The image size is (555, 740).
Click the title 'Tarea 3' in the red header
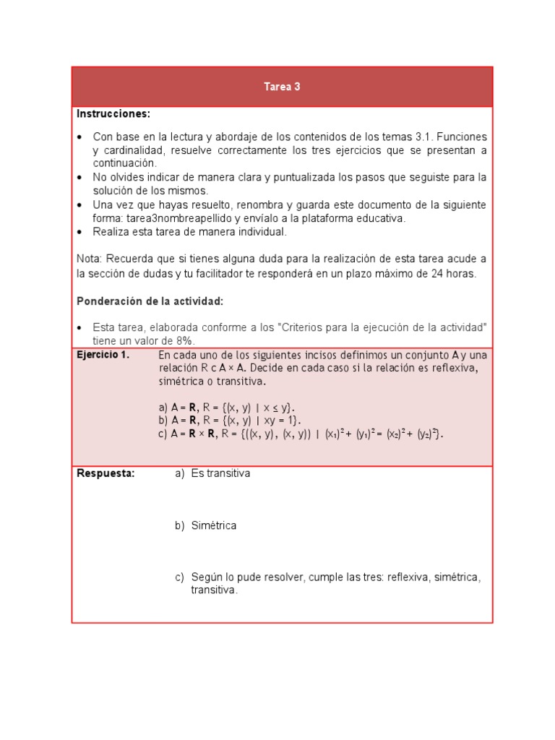click(x=282, y=87)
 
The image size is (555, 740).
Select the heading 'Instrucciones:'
click(x=113, y=114)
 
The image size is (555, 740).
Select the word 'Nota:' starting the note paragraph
click(x=90, y=259)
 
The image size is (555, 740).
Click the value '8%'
click(x=185, y=341)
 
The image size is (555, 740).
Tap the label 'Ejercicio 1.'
click(x=103, y=355)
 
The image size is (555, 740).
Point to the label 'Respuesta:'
click(x=106, y=474)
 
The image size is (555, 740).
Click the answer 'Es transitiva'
click(x=220, y=474)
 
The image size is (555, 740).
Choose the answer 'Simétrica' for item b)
click(x=214, y=526)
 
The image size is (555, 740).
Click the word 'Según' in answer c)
click(x=206, y=577)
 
